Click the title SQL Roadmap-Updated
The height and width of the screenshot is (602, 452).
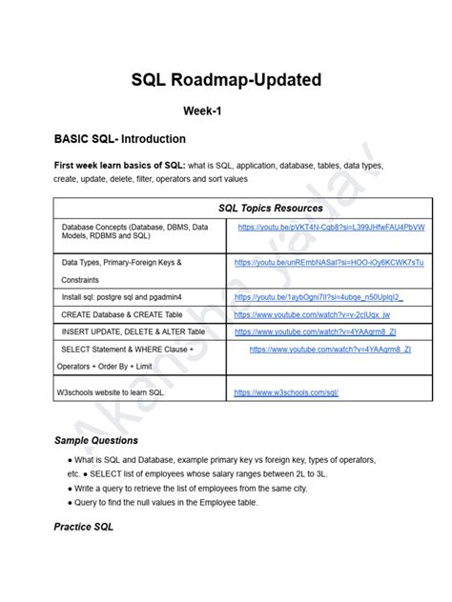225,80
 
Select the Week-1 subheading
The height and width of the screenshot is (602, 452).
225,111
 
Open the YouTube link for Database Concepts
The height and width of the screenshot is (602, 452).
331,228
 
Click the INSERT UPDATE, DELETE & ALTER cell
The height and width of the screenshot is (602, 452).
133,331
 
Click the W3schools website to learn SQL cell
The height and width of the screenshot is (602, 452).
117,391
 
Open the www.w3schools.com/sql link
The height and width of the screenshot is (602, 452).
285,391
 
